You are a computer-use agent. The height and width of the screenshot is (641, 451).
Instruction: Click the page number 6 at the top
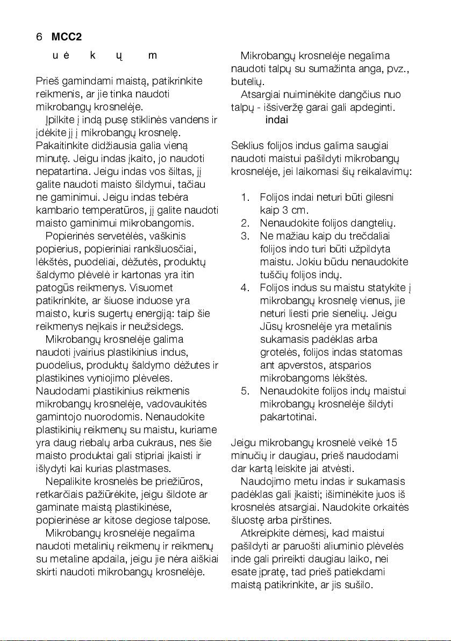[39, 37]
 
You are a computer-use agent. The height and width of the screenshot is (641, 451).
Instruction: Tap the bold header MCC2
[66, 37]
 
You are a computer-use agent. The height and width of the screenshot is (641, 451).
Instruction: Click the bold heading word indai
[277, 119]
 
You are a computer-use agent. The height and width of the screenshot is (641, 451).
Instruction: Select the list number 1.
[245, 197]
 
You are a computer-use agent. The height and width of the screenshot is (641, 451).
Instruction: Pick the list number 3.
[245, 236]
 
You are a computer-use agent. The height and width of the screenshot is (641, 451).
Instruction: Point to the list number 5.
[245, 390]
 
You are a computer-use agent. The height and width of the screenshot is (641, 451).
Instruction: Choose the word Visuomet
[159, 287]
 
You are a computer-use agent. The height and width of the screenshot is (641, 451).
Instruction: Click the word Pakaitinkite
[63, 145]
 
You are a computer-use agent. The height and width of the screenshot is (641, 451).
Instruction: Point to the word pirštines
[314, 520]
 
